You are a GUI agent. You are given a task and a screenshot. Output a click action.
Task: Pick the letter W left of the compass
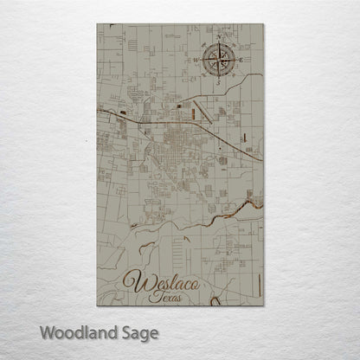tap(198, 60)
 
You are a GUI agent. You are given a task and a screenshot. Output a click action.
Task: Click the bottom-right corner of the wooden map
tap(262, 305)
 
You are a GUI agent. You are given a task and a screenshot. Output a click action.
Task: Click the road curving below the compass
tap(234, 90)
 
